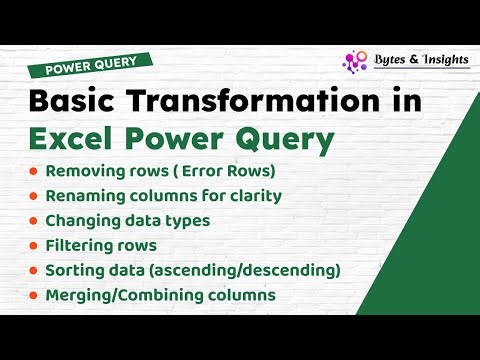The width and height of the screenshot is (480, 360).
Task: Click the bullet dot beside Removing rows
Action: (35, 172)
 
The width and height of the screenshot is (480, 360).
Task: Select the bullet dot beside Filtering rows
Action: (35, 245)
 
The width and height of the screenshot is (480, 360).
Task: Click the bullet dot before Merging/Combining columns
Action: (35, 294)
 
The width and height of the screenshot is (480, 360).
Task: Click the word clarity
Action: (252, 196)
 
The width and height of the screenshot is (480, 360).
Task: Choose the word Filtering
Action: (83, 245)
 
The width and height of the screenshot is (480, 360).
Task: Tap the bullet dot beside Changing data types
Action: (35, 221)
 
